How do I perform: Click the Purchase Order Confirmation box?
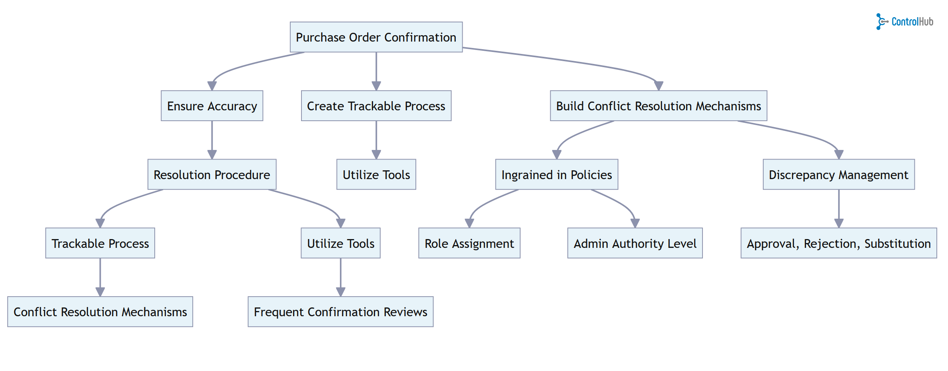pos(376,37)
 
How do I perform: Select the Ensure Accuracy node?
pos(212,106)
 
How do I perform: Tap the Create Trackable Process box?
pos(376,106)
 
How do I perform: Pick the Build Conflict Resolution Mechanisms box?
pos(658,106)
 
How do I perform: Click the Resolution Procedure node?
pos(212,175)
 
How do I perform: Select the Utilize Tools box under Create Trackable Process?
pos(376,175)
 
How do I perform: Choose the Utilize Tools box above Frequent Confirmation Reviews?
pos(340,243)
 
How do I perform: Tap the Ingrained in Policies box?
pos(557,175)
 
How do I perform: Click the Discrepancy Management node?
pos(838,175)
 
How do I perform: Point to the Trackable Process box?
pos(100,243)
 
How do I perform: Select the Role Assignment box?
pos(469,243)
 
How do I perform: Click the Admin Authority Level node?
pos(635,243)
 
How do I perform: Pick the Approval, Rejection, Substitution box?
pos(838,243)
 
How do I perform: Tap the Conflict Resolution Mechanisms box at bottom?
pos(100,312)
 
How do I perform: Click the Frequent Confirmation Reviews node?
pos(340,312)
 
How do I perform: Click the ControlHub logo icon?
pos(881,22)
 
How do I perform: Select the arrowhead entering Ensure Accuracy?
pos(212,86)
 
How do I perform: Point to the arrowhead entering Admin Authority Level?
pos(635,223)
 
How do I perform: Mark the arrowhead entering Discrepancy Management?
pos(839,154)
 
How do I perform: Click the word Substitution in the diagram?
pos(897,243)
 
